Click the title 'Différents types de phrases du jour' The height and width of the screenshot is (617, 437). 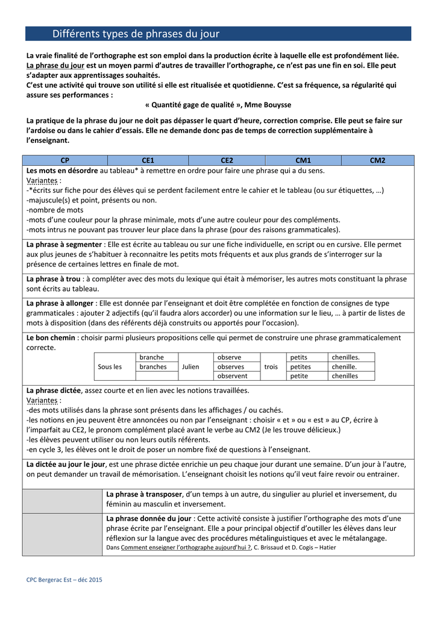136,34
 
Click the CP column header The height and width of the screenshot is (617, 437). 65,160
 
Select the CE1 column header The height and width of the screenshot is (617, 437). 148,160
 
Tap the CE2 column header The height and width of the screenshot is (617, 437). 227,160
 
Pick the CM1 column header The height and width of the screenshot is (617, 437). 303,160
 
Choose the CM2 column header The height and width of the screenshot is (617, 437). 377,160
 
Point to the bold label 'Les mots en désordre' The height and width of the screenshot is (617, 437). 59,171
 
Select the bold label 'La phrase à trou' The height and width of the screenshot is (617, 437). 54,279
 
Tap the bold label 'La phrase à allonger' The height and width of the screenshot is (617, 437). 60,303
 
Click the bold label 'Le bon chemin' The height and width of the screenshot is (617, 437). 51,337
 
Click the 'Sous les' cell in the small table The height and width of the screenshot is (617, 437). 109,366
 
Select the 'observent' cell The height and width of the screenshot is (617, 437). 233,376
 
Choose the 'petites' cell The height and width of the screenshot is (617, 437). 301,366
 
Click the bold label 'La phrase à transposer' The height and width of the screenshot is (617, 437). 145,494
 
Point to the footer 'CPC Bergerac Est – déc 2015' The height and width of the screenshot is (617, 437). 64,580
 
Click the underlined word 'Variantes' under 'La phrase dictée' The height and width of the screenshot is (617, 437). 42,400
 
